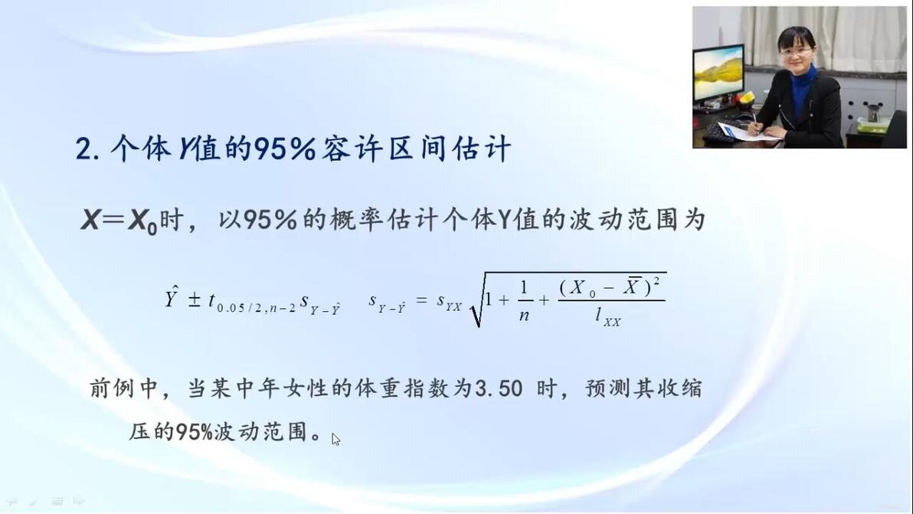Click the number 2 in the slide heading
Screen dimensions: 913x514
click(x=85, y=149)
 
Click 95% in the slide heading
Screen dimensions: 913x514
click(x=284, y=149)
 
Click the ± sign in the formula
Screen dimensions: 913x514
click(x=194, y=300)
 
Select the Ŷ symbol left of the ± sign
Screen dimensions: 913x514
click(x=171, y=297)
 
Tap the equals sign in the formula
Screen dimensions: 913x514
click(x=421, y=300)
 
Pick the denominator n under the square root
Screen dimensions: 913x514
click(x=524, y=316)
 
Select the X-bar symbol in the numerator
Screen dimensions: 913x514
click(x=631, y=286)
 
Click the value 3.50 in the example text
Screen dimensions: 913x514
click(x=499, y=388)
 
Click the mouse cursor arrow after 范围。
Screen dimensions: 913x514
click(x=336, y=439)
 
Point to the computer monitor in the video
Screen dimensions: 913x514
click(x=718, y=73)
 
